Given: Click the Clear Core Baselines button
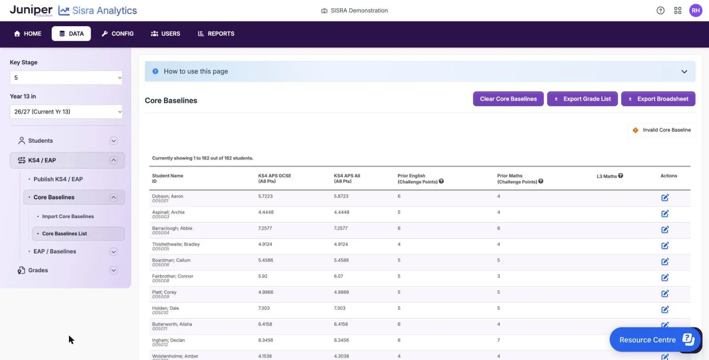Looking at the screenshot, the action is (x=508, y=99).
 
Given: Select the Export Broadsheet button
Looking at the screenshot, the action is (x=658, y=99).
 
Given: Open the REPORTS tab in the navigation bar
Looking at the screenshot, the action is (x=216, y=34).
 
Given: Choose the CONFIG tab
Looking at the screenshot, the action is (x=118, y=34).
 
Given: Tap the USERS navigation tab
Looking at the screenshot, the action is (x=165, y=34).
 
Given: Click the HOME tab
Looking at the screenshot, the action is (x=28, y=34).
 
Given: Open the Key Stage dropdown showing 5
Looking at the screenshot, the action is (x=66, y=78).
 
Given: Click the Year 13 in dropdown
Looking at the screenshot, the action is (x=66, y=112).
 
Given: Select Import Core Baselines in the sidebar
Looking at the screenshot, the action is (x=68, y=216).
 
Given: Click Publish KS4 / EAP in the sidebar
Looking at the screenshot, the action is (x=58, y=179).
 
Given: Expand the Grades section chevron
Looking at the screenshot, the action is (x=113, y=270).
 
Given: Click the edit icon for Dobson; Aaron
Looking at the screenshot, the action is (x=665, y=198).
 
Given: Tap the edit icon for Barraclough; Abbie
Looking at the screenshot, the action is (x=665, y=230).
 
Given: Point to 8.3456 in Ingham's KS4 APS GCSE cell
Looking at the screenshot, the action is (x=265, y=340).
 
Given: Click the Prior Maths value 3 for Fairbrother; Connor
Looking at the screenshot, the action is (x=499, y=276).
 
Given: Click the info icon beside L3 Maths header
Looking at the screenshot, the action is (x=620, y=175).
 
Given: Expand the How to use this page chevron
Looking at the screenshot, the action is (x=684, y=72).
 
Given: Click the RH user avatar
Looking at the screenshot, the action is (x=695, y=11).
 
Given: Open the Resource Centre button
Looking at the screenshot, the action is (x=655, y=339).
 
